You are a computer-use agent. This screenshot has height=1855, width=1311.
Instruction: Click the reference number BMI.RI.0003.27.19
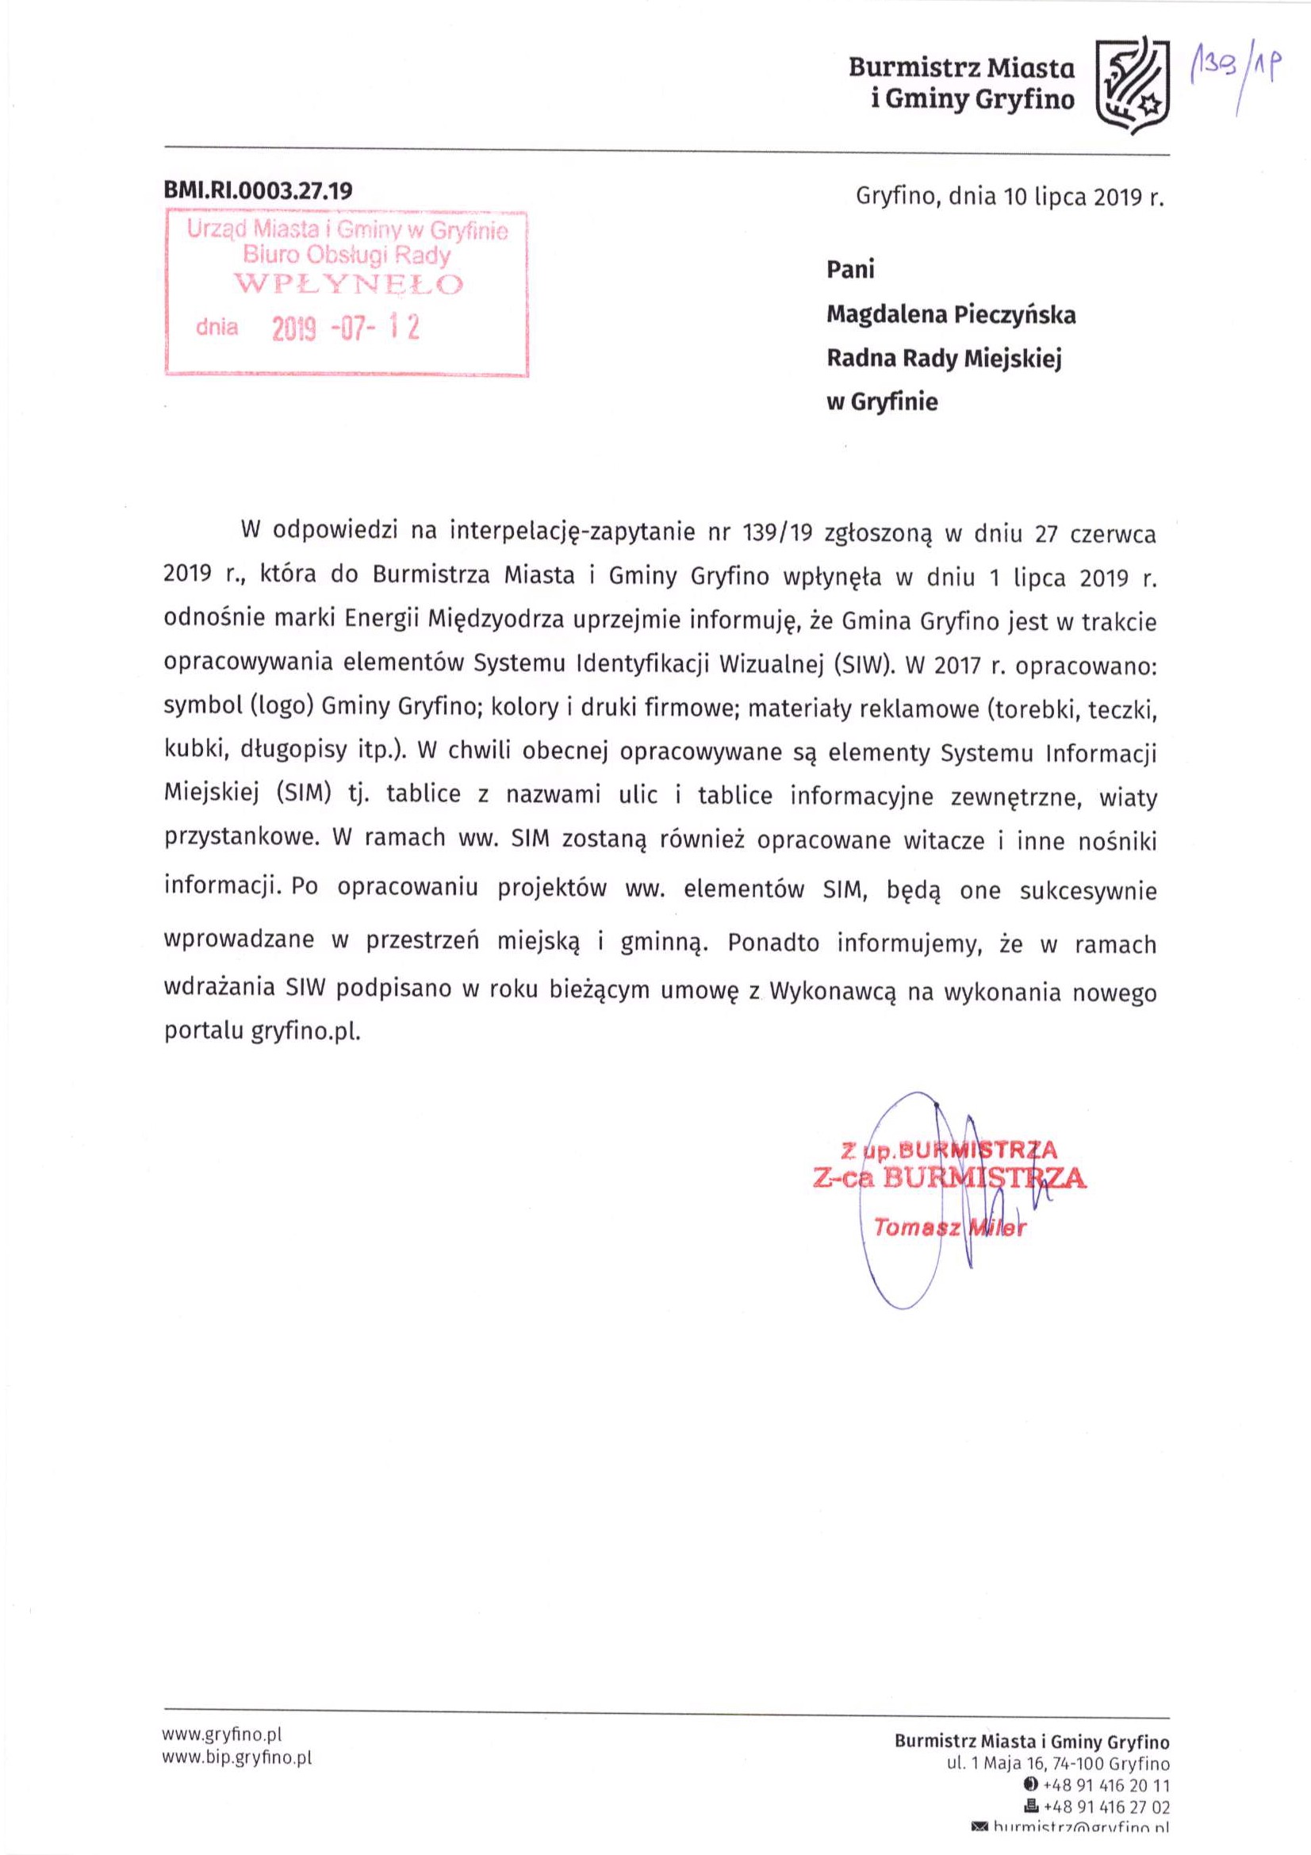click(x=259, y=190)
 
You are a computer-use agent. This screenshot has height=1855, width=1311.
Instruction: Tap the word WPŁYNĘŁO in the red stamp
click(x=348, y=284)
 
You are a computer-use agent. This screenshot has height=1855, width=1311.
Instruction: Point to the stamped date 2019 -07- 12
click(x=346, y=328)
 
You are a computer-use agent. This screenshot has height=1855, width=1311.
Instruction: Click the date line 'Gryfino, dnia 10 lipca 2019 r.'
click(x=1010, y=197)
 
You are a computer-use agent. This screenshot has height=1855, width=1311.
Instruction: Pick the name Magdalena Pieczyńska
click(x=951, y=314)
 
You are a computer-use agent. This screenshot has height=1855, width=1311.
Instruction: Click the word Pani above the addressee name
click(x=849, y=270)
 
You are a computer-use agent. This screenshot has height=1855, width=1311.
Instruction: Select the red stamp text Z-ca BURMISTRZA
click(x=950, y=1178)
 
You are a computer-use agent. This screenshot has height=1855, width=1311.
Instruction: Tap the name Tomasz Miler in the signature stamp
click(x=949, y=1228)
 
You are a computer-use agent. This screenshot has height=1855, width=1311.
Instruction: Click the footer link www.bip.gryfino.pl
click(x=236, y=1757)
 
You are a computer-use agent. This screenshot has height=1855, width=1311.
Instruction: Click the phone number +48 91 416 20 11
click(x=1106, y=1784)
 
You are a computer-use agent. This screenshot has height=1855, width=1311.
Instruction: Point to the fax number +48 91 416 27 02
click(x=1106, y=1807)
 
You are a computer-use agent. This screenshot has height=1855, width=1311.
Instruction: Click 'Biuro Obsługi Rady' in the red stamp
click(x=347, y=256)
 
